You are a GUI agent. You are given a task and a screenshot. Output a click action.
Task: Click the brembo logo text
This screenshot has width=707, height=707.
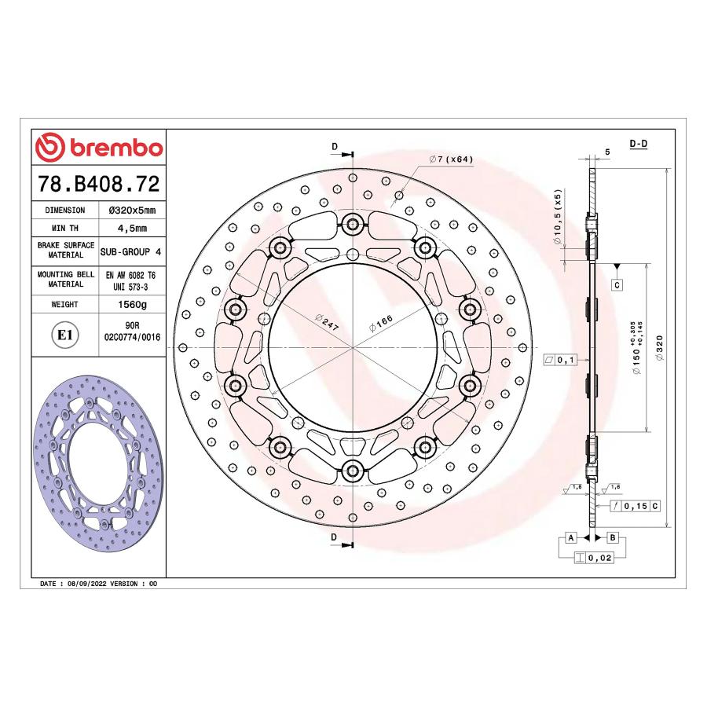[x=116, y=148]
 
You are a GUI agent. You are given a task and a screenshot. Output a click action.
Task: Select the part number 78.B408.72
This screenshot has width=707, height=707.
[x=99, y=184]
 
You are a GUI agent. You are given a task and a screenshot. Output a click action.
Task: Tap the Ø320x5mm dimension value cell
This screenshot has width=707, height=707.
[x=132, y=210]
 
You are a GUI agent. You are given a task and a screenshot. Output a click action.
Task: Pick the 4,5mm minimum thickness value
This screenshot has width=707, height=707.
[x=132, y=228]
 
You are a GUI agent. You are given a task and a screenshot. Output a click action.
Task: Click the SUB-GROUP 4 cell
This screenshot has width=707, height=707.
[x=130, y=251]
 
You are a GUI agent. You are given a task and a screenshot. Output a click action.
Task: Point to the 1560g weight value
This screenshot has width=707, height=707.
[x=132, y=304]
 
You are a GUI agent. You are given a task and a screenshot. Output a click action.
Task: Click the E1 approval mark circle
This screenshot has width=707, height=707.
[x=65, y=335]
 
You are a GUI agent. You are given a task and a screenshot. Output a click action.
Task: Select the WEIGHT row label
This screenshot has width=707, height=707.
[x=65, y=304]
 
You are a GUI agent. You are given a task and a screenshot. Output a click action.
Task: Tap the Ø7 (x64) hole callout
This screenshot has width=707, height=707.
[x=451, y=159]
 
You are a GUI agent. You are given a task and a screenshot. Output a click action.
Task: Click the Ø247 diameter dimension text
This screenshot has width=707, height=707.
[x=327, y=322]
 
